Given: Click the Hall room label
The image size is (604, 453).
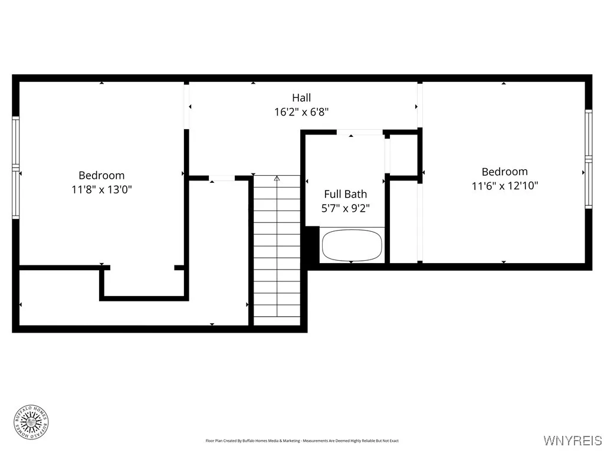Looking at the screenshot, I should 301,98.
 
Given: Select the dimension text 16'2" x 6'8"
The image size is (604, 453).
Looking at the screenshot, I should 301,112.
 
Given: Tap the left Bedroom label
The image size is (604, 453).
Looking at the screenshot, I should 101,175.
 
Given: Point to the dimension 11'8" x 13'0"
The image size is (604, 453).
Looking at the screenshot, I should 101,189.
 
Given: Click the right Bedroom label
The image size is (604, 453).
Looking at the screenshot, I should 504,172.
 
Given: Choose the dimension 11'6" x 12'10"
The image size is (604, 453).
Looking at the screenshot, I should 504,186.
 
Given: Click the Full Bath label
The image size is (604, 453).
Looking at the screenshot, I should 346,194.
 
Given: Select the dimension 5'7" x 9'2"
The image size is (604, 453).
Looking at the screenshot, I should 346,208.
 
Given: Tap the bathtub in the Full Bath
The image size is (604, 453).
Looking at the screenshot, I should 352,245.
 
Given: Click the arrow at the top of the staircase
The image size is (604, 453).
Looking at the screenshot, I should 277,178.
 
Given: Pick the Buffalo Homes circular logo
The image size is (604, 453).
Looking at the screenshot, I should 31,421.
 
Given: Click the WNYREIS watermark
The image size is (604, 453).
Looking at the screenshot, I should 572,441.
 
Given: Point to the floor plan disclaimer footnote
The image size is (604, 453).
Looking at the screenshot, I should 302,441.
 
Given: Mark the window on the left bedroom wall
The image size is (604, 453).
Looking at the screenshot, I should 16,168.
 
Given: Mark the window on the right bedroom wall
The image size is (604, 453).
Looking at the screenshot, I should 588,159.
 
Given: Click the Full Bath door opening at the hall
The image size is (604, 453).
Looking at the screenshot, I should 360,132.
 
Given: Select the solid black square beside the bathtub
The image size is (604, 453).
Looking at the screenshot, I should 311,244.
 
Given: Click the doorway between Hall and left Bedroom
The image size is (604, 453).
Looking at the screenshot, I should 186,106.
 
